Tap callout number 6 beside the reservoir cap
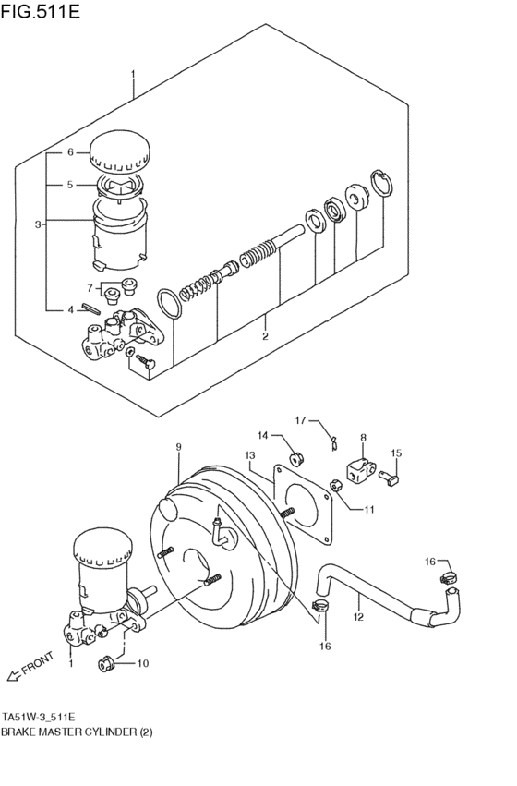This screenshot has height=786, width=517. coord(69,152)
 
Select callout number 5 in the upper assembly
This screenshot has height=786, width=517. coord(69,185)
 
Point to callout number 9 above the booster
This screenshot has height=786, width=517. coord(180,447)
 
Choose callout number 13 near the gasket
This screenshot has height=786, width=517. coord(249,455)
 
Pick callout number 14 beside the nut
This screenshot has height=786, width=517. coord(262,435)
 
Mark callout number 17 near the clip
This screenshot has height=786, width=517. coord(300,420)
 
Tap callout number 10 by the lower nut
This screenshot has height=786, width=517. coord(142,663)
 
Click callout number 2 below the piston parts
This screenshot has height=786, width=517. coord(265,336)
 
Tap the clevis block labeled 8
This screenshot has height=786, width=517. coord(360,471)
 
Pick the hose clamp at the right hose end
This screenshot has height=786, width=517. coord(450,582)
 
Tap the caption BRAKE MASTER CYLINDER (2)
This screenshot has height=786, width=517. coord(77,732)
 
